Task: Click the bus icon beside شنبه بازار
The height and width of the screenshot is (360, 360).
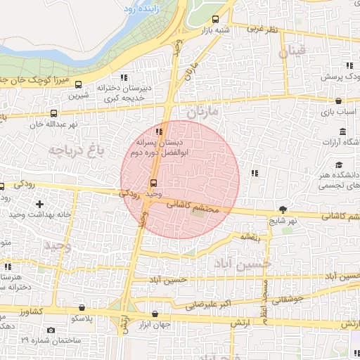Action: (x=214, y=20)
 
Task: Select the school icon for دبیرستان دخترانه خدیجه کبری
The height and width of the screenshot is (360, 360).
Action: (x=124, y=77)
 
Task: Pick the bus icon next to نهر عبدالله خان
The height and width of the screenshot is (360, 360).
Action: (x=54, y=113)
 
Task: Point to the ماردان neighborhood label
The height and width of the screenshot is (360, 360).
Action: (x=205, y=111)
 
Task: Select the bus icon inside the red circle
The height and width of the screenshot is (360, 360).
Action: (x=153, y=183)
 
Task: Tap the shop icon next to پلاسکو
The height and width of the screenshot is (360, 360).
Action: (x=83, y=307)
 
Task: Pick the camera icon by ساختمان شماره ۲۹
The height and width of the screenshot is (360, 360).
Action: (x=51, y=330)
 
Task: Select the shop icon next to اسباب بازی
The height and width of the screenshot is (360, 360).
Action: (x=339, y=101)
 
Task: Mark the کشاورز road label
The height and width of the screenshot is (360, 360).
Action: (x=32, y=310)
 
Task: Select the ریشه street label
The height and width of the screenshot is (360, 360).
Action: (x=252, y=237)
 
